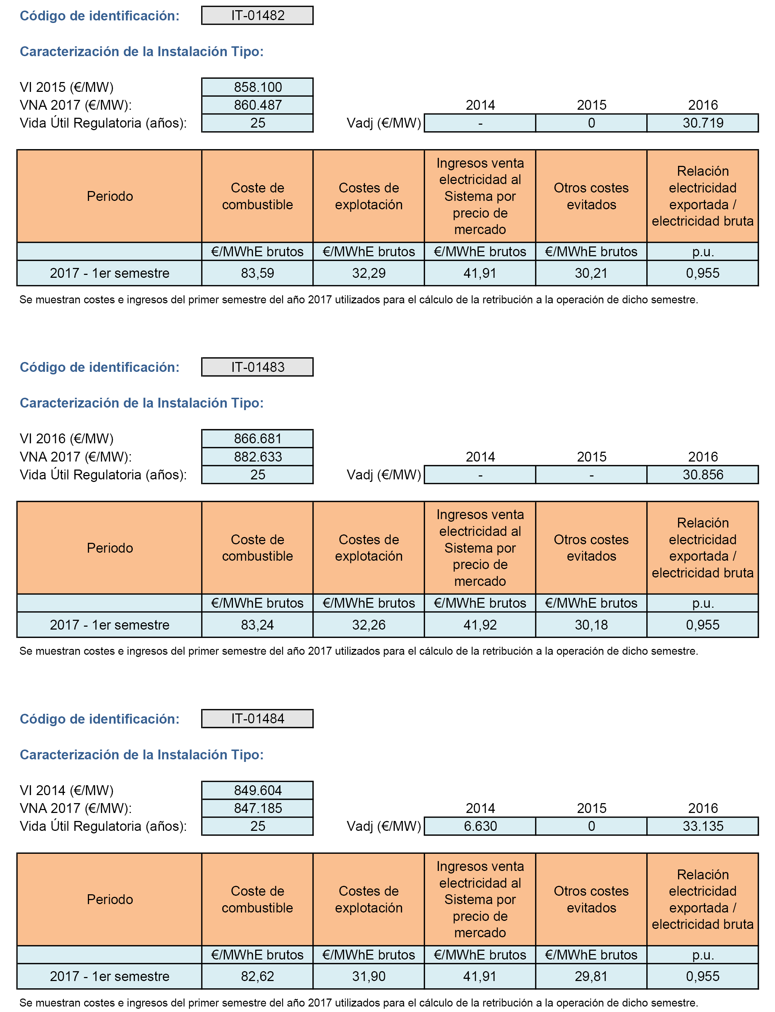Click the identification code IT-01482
point(257,15)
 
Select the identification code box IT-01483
point(257,367)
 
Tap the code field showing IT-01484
point(257,719)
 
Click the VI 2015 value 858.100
point(257,87)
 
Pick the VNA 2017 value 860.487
point(257,105)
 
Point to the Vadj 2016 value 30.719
point(702,123)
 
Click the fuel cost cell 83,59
point(257,273)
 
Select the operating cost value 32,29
point(369,273)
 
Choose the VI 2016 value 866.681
point(257,438)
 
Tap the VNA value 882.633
point(257,457)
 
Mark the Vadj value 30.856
point(702,475)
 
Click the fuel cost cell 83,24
point(257,624)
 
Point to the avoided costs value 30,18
point(591,624)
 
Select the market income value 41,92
point(480,624)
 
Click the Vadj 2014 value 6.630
point(480,826)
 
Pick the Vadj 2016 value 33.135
point(702,826)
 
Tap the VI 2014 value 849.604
point(257,790)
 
